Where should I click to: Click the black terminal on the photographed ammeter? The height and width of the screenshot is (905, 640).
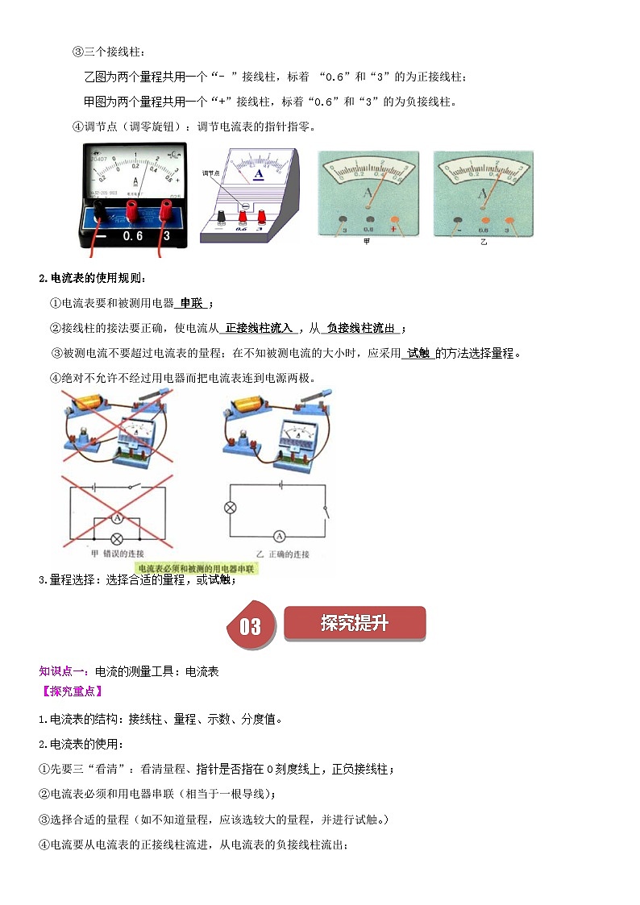point(98,211)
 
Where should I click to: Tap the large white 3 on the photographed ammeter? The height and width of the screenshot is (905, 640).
point(166,239)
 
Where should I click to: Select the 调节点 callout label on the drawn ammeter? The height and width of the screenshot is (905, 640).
point(211,173)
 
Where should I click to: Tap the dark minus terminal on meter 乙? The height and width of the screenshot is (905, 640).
point(458,219)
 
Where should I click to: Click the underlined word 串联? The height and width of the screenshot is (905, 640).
point(192,304)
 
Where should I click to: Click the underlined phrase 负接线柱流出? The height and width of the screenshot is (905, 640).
point(362,328)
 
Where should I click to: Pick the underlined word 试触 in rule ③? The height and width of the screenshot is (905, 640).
point(419,353)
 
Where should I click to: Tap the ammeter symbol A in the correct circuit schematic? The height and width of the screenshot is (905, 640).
point(280,535)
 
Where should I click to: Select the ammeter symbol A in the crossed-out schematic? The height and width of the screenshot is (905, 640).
point(116,517)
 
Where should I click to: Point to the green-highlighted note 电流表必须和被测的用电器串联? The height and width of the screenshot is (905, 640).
point(197,569)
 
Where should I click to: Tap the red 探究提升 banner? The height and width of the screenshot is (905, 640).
point(355,623)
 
